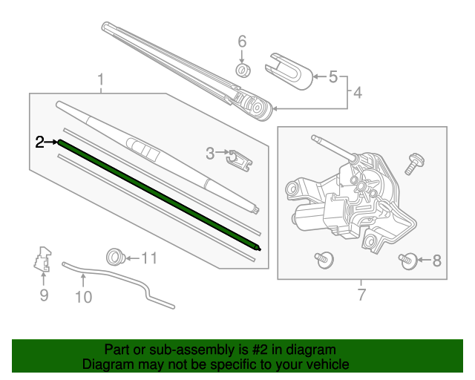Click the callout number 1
tap(101, 79)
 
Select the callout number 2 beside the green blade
tap(41, 142)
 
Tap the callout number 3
tap(210, 154)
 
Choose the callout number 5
tap(332, 76)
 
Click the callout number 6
tap(241, 42)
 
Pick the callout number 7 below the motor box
tap(361, 295)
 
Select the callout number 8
tap(436, 261)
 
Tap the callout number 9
tap(44, 296)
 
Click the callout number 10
tap(83, 297)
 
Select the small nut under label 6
tap(241, 71)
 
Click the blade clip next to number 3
tap(237, 157)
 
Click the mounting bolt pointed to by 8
tap(407, 261)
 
